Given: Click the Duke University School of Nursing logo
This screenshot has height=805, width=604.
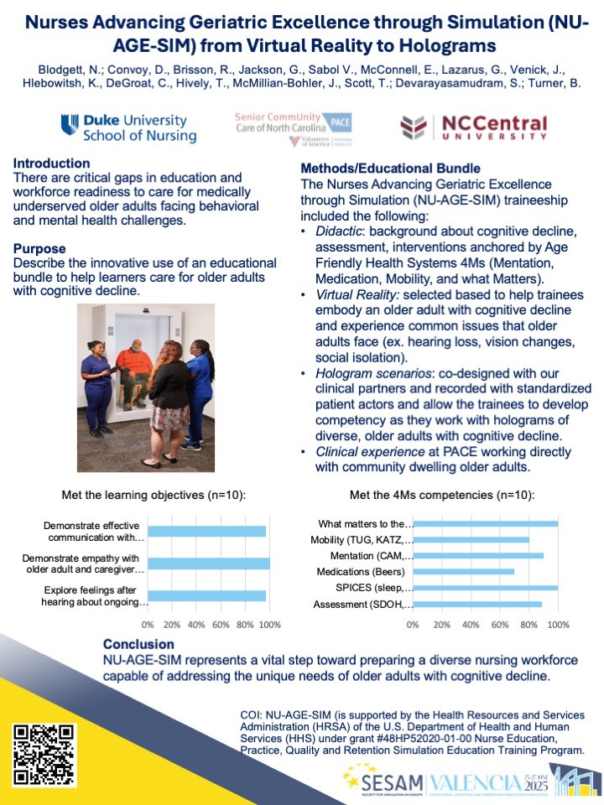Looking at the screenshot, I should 128,127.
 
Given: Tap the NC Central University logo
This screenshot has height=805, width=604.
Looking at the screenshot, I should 474,127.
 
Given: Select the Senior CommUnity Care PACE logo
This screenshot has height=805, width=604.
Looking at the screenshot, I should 293,127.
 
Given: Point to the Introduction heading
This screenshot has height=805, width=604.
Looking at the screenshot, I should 52,164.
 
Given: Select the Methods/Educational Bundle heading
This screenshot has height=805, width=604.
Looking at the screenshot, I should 390,169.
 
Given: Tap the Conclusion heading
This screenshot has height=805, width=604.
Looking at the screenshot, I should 138,644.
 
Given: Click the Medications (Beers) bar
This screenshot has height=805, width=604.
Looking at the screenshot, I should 464,571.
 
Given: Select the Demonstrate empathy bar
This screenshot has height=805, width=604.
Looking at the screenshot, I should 209,563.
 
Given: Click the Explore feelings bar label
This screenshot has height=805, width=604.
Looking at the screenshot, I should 96,595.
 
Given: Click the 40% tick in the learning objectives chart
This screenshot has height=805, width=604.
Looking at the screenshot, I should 196,625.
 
